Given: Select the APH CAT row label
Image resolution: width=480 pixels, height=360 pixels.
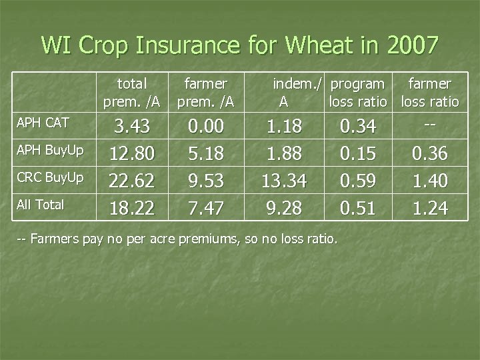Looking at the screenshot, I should (42, 123).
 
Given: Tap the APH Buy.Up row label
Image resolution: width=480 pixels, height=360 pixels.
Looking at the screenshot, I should (50, 151).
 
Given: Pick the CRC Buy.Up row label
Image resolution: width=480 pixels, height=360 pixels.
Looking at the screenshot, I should (50, 178).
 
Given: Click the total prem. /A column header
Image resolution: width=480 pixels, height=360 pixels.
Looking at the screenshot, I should (131, 93).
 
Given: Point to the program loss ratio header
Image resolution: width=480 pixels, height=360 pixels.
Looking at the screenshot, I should (358, 93).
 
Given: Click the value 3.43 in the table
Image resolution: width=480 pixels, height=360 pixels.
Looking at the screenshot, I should (131, 127).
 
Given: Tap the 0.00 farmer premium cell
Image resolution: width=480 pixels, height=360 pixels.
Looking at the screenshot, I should (206, 127).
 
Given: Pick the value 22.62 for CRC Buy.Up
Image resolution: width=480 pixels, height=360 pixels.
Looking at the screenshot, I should (131, 181).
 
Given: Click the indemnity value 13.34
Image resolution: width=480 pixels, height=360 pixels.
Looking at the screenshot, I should (283, 181).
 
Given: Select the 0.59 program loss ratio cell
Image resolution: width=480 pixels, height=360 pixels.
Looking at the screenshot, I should (357, 181).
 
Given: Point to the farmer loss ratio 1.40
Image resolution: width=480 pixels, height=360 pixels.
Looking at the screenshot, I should (429, 181).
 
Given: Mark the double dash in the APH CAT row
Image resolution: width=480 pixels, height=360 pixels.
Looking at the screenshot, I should (429, 125).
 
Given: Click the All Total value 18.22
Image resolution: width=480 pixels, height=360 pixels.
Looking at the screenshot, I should (131, 209).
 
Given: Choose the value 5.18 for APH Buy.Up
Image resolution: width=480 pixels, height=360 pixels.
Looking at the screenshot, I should (206, 154).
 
